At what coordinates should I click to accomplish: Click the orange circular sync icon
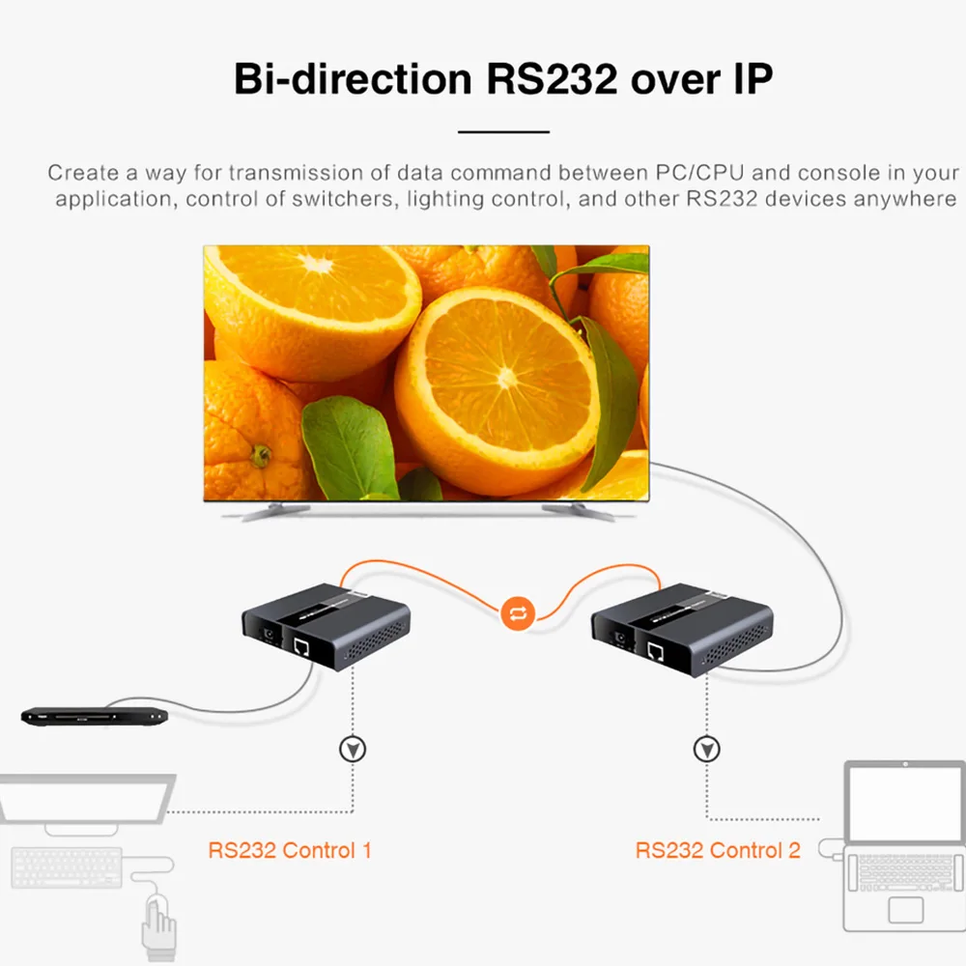click(x=518, y=612)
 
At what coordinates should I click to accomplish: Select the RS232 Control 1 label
click(x=290, y=851)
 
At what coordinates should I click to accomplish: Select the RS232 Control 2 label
click(x=718, y=851)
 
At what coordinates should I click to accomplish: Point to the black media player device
click(x=95, y=716)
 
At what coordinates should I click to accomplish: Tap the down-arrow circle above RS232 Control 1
click(x=353, y=749)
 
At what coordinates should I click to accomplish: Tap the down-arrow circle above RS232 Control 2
click(x=707, y=749)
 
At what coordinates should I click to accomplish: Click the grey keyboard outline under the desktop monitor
click(x=68, y=867)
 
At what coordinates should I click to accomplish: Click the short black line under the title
click(x=503, y=131)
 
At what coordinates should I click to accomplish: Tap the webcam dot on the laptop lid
click(x=906, y=766)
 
